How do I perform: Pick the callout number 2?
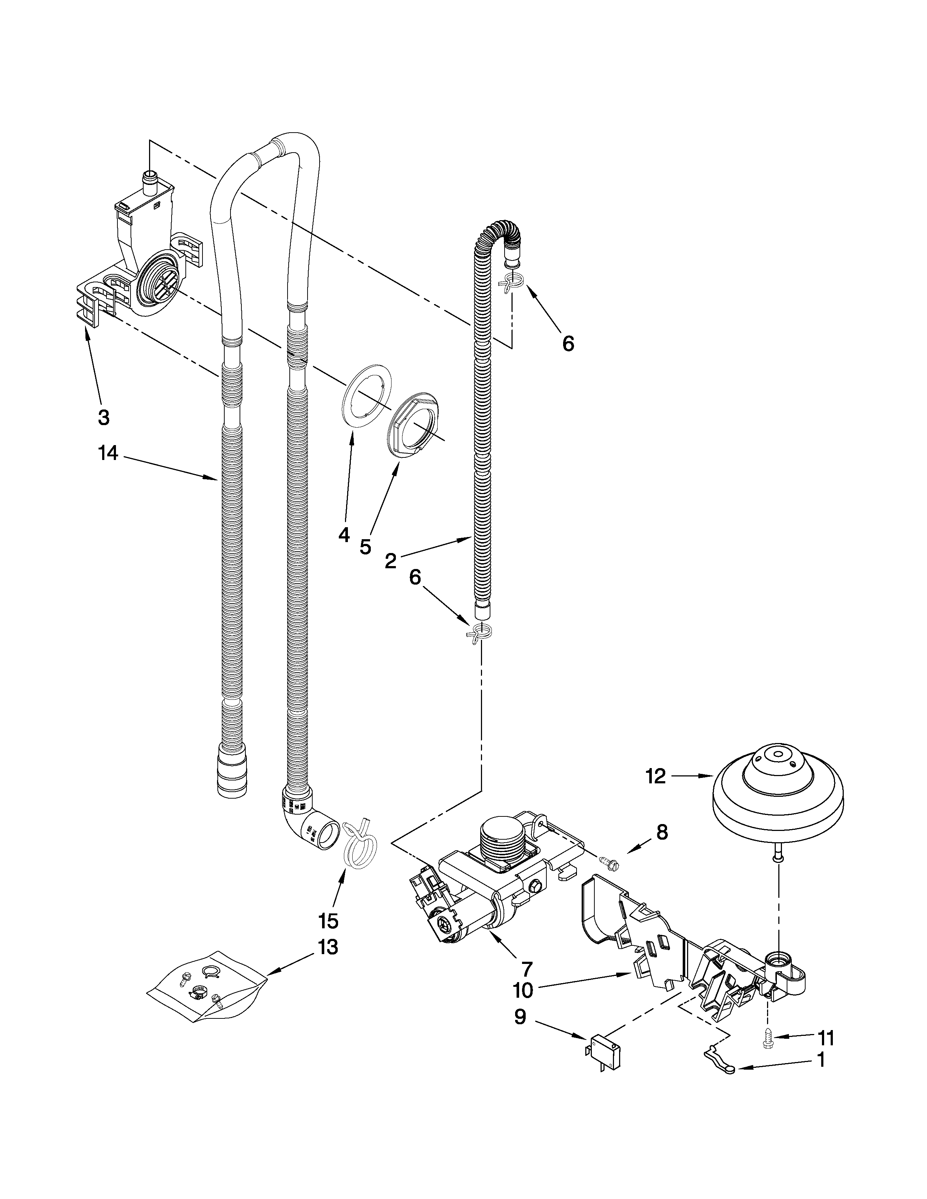coord(390,561)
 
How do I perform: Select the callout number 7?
coord(527,968)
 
